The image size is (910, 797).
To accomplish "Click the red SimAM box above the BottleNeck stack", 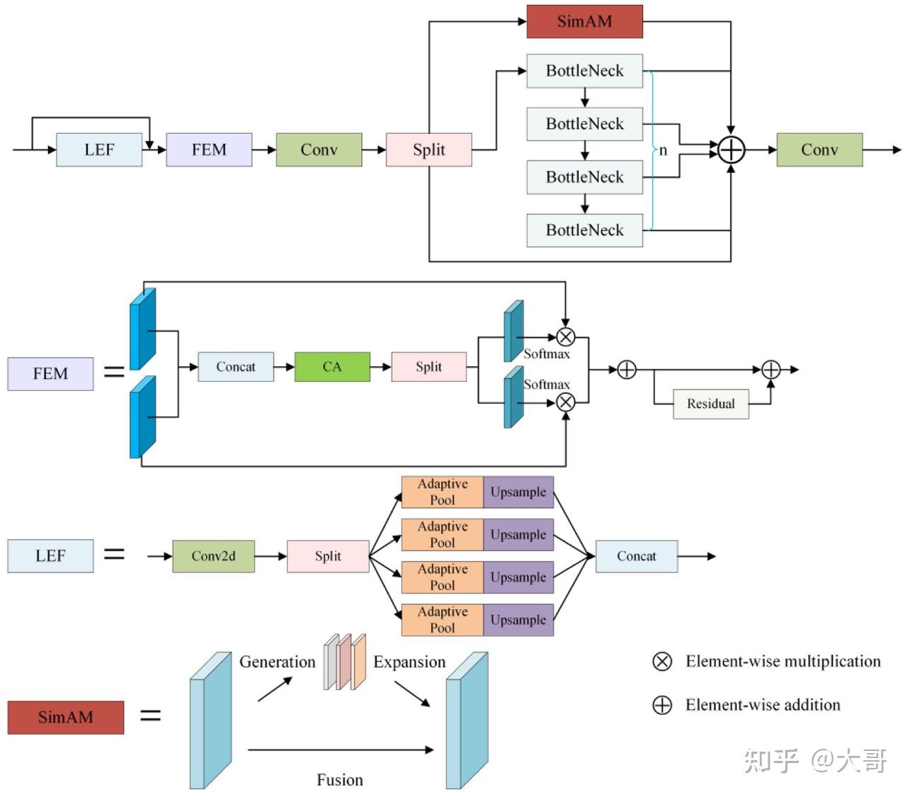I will pyautogui.click(x=584, y=21).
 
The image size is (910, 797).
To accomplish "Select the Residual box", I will pyautogui.click(x=710, y=404).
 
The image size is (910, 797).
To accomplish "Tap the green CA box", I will pyautogui.click(x=332, y=367).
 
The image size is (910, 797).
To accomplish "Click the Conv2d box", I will pyautogui.click(x=213, y=556).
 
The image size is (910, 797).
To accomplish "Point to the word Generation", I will pyautogui.click(x=277, y=662).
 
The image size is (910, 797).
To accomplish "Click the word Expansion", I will pyautogui.click(x=409, y=662).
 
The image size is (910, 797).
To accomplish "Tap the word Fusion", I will pyautogui.click(x=340, y=780).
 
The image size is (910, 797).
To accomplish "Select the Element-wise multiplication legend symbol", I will pyautogui.click(x=662, y=662).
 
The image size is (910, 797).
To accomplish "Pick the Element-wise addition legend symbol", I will pyautogui.click(x=662, y=705).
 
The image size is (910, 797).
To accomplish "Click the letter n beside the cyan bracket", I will pyautogui.click(x=663, y=150).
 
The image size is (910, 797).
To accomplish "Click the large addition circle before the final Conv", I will pyautogui.click(x=731, y=150).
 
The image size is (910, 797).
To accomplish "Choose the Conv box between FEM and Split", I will pyautogui.click(x=319, y=150).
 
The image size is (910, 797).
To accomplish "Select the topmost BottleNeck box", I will pyautogui.click(x=584, y=71).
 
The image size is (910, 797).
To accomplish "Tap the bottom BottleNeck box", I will pyautogui.click(x=584, y=230).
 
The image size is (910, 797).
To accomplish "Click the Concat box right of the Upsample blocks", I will pyautogui.click(x=636, y=556).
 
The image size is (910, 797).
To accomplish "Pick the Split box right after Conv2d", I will pyautogui.click(x=328, y=556).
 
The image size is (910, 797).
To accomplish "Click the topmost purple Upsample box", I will pyautogui.click(x=518, y=492).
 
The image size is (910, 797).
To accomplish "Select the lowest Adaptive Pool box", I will pyautogui.click(x=442, y=620).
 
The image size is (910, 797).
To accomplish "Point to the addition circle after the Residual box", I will pyautogui.click(x=770, y=370).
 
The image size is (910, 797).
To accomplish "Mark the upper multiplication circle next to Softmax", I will pyautogui.click(x=565, y=337).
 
